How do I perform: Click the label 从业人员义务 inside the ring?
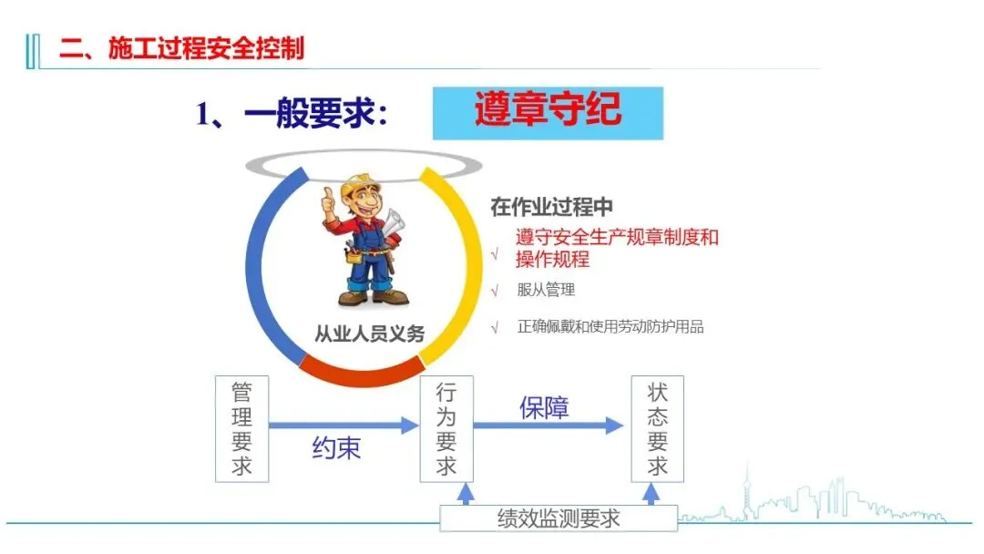click(369, 333)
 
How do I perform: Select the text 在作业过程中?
click(552, 207)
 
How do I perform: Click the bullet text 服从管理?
click(546, 291)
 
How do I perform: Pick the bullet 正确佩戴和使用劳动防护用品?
click(610, 326)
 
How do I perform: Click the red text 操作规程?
click(553, 260)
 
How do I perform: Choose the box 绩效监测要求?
click(559, 518)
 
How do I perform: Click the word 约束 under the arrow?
click(336, 448)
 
